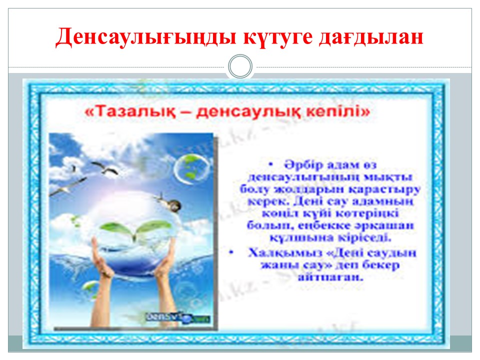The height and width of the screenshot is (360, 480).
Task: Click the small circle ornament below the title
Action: click(240, 67)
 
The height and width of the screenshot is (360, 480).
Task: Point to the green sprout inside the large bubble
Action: click(133, 227)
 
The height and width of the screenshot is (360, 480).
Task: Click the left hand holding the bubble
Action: click(105, 272)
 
